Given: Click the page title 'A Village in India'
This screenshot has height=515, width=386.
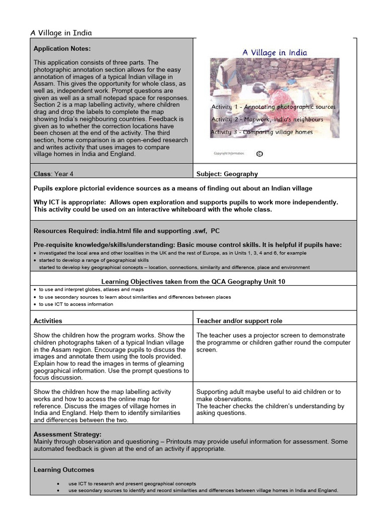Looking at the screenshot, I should point(61,33).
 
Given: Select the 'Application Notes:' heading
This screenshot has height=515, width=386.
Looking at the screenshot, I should point(62,49).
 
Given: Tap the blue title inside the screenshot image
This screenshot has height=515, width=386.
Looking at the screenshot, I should point(274,52).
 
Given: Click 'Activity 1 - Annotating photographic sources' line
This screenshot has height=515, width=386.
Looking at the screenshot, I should point(273,107).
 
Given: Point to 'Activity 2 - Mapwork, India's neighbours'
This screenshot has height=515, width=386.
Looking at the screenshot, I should point(267,120).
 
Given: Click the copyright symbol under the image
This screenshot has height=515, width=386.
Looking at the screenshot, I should point(259,154).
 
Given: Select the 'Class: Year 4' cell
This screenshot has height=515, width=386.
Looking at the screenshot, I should point(56,174).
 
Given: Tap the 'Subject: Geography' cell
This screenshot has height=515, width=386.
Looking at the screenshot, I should point(227,174).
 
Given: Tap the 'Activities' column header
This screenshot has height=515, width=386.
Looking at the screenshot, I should point(48,321).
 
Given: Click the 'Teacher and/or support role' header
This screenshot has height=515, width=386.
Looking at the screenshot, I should point(239,321).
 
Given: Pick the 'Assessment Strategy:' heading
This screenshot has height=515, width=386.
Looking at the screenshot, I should point(67,434).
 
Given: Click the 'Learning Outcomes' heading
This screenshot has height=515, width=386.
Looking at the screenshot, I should point(64,470).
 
